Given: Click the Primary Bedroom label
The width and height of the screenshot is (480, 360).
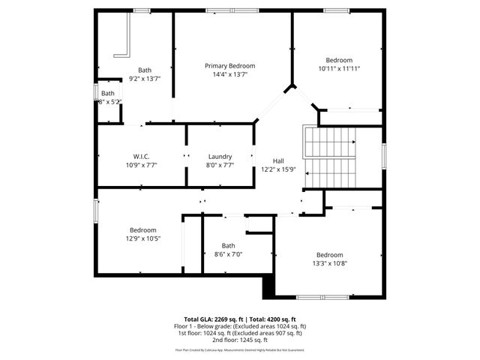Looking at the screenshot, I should (x=229, y=66).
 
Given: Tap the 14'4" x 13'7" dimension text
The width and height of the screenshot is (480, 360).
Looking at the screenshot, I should (x=229, y=75).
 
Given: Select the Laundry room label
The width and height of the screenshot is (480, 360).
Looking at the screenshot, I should (x=220, y=156).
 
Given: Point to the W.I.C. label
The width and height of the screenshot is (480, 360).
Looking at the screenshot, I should (x=142, y=156).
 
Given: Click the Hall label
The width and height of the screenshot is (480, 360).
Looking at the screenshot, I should (x=278, y=160).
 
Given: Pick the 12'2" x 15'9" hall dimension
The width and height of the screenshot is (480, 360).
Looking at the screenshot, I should (x=278, y=169).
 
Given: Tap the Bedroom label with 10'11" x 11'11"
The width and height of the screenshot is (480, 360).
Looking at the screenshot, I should (x=338, y=60).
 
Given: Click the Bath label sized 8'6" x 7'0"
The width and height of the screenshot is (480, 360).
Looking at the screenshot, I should (x=228, y=245).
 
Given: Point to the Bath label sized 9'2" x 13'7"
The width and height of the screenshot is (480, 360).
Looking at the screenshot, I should (x=144, y=70).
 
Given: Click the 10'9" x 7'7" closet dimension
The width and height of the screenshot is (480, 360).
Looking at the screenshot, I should (x=142, y=165).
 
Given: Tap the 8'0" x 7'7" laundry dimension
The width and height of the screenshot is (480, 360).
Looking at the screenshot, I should (x=220, y=165).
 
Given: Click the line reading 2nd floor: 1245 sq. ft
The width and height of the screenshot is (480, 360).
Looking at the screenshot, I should (x=240, y=340).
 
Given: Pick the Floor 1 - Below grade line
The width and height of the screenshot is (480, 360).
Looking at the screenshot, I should (x=240, y=326).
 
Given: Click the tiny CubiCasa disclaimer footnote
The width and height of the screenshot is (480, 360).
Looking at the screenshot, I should (x=240, y=349).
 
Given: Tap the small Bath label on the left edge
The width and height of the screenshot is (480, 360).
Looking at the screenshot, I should (x=108, y=94).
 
